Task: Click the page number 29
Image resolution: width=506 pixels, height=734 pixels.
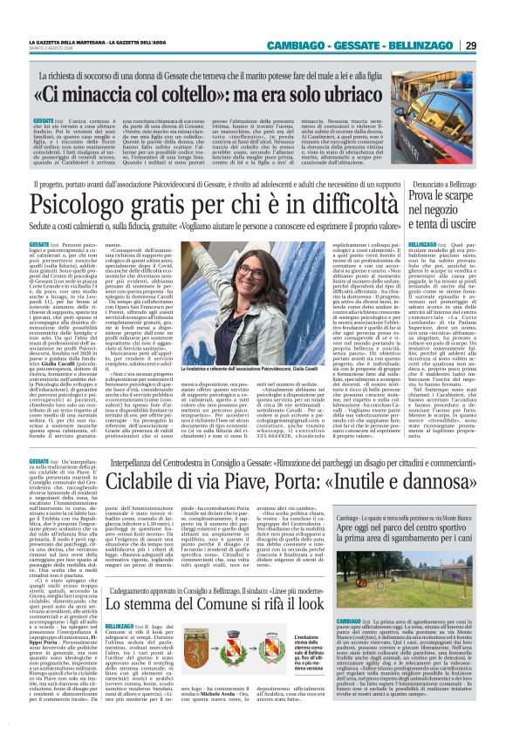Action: point(494,45)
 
